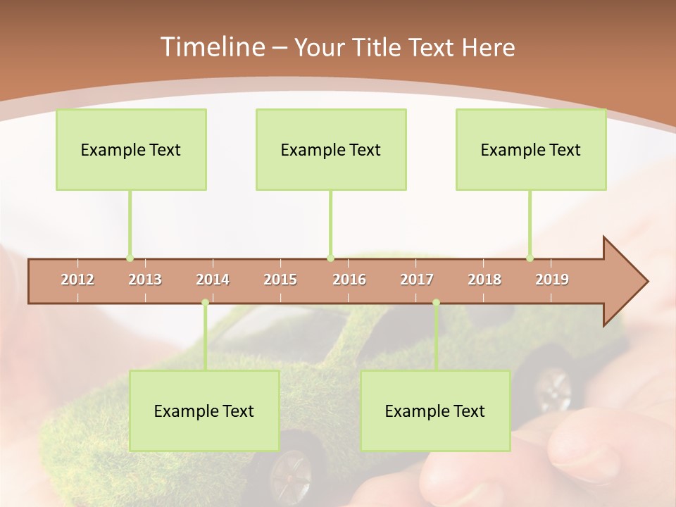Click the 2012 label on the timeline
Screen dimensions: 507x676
[77, 280]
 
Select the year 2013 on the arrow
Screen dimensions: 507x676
[145, 280]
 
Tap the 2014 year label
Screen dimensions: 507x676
[213, 280]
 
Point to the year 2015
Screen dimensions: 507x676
[280, 280]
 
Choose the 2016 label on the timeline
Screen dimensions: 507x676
[349, 280]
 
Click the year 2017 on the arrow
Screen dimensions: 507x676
[417, 280]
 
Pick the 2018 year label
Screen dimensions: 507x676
[484, 280]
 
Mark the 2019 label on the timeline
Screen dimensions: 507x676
[552, 280]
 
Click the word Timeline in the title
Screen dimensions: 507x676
[211, 47]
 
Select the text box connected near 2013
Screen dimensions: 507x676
[131, 149]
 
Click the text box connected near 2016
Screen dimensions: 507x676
[331, 149]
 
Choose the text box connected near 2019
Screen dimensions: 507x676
[531, 149]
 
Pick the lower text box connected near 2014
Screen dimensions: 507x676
[204, 411]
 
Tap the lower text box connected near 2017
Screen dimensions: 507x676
[435, 411]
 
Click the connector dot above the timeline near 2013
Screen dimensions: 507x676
[130, 258]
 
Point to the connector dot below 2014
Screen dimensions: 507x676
[205, 303]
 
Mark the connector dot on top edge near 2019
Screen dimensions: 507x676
[530, 258]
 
